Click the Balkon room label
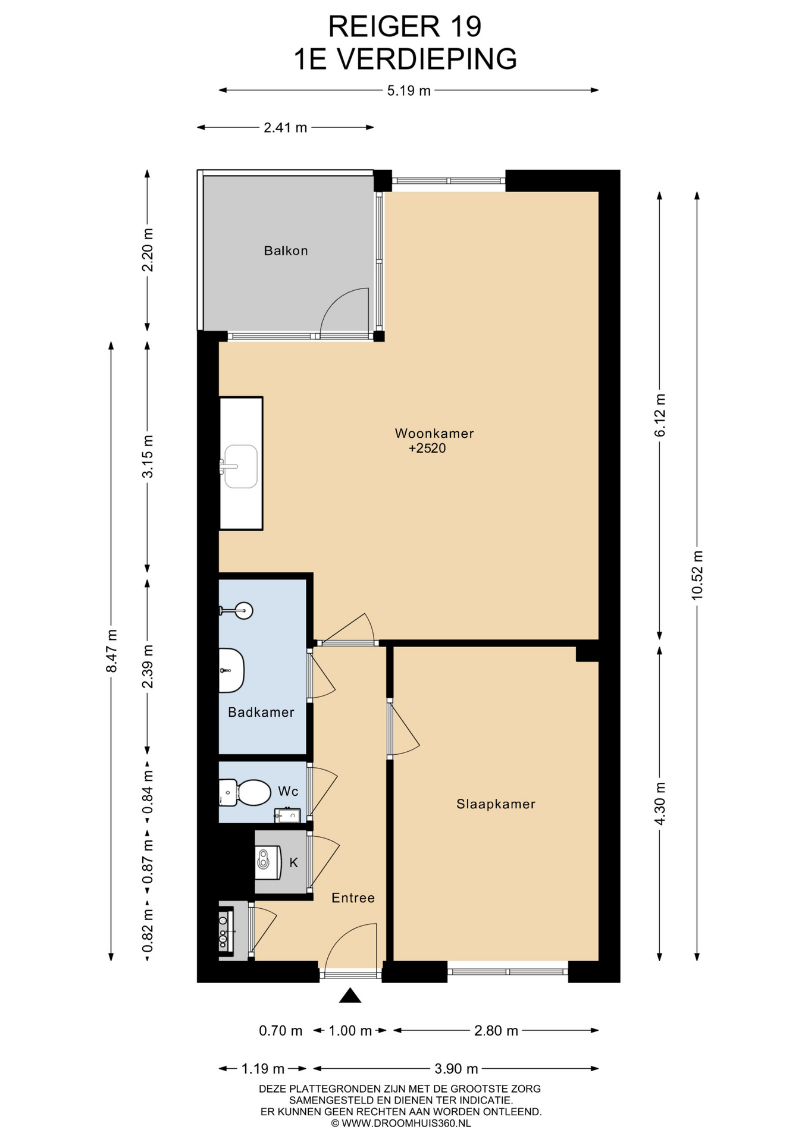click(x=286, y=251)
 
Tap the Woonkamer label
click(x=434, y=434)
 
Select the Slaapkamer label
click(x=496, y=804)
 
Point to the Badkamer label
click(x=261, y=712)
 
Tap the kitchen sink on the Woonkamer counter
click(x=240, y=466)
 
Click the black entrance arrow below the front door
click(x=350, y=995)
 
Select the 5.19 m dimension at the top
click(x=409, y=91)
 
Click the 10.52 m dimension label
click(x=697, y=575)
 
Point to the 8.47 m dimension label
click(x=111, y=651)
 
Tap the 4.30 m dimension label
click(x=660, y=804)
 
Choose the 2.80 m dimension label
click(x=496, y=1031)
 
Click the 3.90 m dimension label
click(x=456, y=1069)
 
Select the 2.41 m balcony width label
click(x=286, y=128)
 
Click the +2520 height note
click(x=427, y=448)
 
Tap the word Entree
click(x=353, y=898)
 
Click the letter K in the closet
click(x=293, y=862)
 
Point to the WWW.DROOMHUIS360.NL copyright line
click(x=401, y=1124)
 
